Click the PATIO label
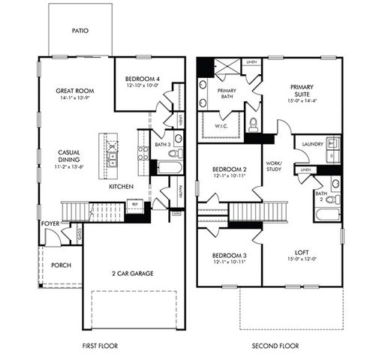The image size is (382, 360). pyautogui.click(x=80, y=31)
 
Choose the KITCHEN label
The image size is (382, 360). pyautogui.click(x=121, y=186)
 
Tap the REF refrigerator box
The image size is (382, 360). pyautogui.click(x=135, y=203)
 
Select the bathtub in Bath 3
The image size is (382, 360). pyautogui.click(x=169, y=166)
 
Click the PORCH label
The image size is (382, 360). pyautogui.click(x=61, y=265)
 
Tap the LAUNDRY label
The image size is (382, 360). pyautogui.click(x=312, y=143)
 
